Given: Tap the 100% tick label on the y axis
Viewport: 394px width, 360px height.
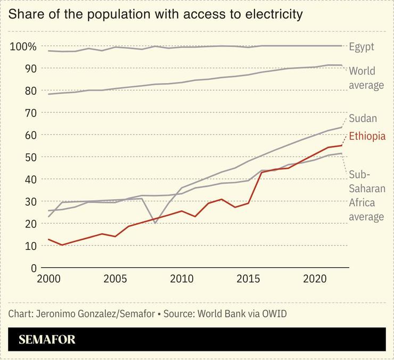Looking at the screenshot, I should [x=23, y=47].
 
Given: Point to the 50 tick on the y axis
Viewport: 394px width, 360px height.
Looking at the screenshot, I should [x=30, y=157].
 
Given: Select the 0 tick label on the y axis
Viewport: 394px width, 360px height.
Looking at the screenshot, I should [x=34, y=268].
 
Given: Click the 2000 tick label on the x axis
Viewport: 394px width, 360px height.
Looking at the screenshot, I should [x=48, y=279].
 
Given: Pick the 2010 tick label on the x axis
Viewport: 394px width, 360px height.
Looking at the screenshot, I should [x=182, y=279].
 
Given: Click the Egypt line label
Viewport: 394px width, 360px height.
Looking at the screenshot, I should [x=362, y=47].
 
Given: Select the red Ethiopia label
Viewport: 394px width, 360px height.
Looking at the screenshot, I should [x=367, y=136].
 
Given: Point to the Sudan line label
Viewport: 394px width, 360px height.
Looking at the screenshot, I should [x=363, y=118].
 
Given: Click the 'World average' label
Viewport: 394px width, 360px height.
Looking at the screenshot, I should [x=365, y=78].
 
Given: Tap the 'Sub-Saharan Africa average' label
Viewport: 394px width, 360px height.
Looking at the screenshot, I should [x=366, y=195].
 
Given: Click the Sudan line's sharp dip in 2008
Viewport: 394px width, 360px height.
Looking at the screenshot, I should [x=155, y=223].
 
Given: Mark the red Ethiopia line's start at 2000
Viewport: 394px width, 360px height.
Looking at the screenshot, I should [x=49, y=239].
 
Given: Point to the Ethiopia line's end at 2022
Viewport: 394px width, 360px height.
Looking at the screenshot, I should [x=342, y=145].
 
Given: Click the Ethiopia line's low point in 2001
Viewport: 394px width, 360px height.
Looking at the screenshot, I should [x=62, y=245].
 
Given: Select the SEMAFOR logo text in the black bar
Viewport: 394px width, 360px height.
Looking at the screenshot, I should [x=47, y=340].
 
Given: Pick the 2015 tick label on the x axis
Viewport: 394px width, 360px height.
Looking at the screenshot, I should [x=248, y=279].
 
